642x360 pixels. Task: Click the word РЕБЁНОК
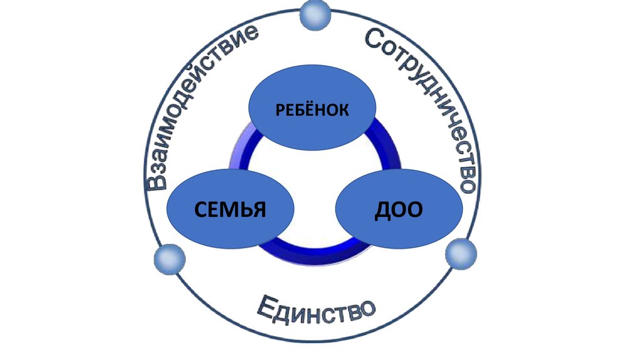click(x=311, y=110)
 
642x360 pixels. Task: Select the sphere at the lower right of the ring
click(x=461, y=254)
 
